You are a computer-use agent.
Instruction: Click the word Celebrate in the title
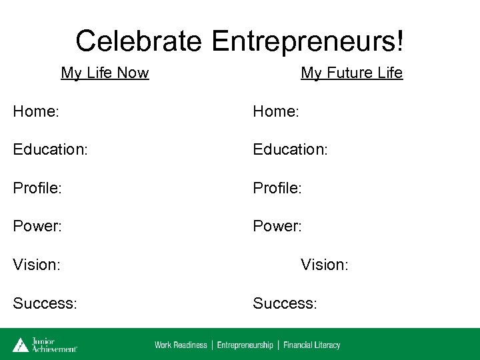click(138, 41)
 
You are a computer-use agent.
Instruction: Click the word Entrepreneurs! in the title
click(308, 41)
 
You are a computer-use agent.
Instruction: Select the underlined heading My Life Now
click(105, 73)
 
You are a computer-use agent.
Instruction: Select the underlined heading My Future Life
click(351, 73)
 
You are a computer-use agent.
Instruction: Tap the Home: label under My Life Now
click(36, 111)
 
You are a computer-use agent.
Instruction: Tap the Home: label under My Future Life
click(276, 111)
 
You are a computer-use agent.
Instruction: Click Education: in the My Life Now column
click(50, 150)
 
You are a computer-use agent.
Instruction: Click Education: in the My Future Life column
click(290, 150)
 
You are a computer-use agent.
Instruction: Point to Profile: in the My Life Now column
click(37, 188)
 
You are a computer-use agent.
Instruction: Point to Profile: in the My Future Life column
click(277, 188)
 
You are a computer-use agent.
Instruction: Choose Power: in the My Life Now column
click(37, 227)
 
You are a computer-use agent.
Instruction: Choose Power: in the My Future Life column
click(277, 227)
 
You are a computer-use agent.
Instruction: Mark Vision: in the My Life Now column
click(37, 265)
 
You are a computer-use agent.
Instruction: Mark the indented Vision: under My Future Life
click(325, 265)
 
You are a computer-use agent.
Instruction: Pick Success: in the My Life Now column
click(45, 304)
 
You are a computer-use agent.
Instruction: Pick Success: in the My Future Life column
click(285, 304)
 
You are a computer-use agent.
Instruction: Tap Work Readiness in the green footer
click(181, 345)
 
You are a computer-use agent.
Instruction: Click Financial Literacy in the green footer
click(311, 345)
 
